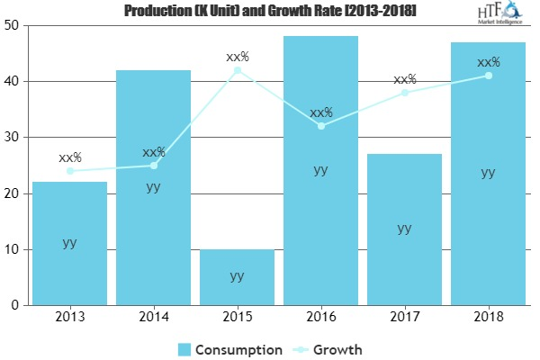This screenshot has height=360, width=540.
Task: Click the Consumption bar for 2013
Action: (x=69, y=243)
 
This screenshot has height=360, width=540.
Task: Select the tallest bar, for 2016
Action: (x=321, y=171)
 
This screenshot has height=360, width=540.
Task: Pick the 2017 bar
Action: (x=405, y=229)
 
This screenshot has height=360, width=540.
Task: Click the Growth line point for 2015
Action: (x=238, y=70)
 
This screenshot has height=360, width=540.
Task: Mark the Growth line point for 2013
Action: (x=69, y=171)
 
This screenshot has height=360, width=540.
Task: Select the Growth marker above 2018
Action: (x=489, y=76)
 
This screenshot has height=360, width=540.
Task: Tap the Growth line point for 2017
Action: (x=405, y=93)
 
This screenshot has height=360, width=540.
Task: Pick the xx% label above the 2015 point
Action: (x=238, y=57)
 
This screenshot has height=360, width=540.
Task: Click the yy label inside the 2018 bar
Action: (x=489, y=173)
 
